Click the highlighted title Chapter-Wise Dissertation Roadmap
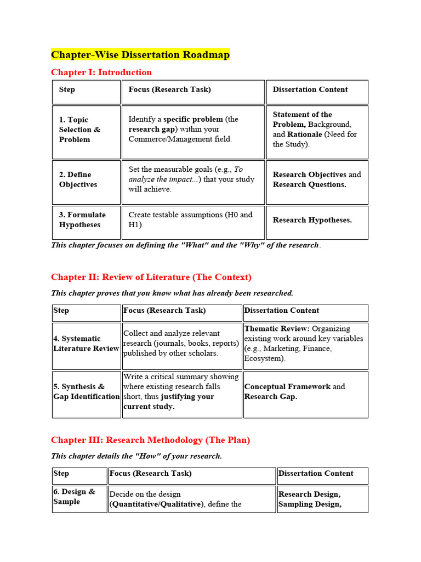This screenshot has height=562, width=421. (140, 55)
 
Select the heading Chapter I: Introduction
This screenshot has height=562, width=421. (101, 72)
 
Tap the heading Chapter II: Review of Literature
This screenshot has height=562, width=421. (151, 277)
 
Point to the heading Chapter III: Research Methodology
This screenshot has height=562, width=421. (150, 440)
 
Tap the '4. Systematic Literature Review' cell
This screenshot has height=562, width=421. (86, 344)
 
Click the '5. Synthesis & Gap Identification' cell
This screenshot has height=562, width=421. (86, 391)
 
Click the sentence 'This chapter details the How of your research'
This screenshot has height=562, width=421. (136, 456)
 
